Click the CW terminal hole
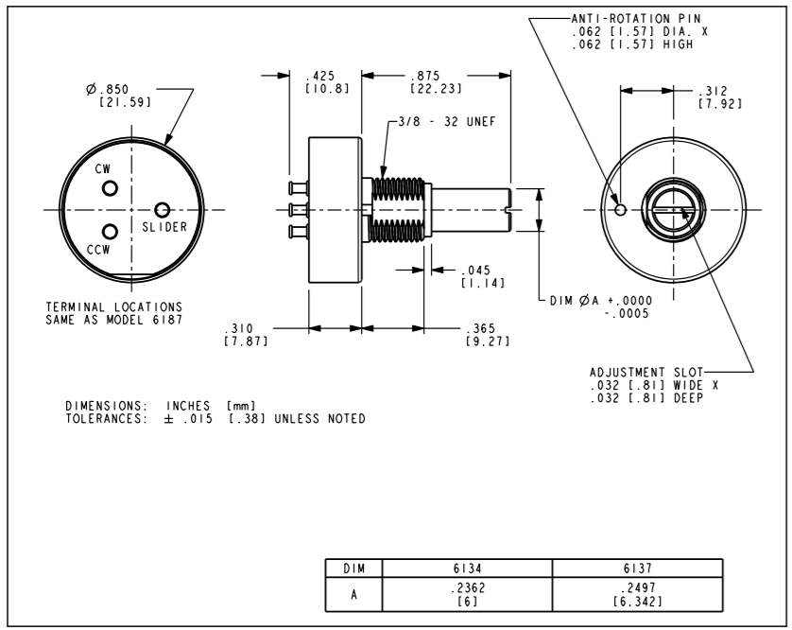110,187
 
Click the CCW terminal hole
110,231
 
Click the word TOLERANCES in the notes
100,418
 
